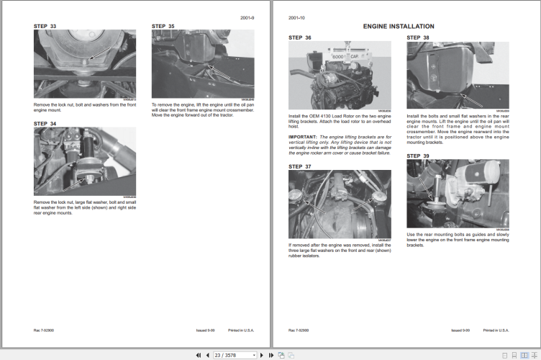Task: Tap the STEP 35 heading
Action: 163,26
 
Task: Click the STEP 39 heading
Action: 418,156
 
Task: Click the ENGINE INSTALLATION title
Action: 398,26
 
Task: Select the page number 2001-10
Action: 297,17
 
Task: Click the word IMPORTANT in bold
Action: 303,136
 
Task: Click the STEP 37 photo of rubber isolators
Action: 339,204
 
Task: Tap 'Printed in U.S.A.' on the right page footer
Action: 497,330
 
